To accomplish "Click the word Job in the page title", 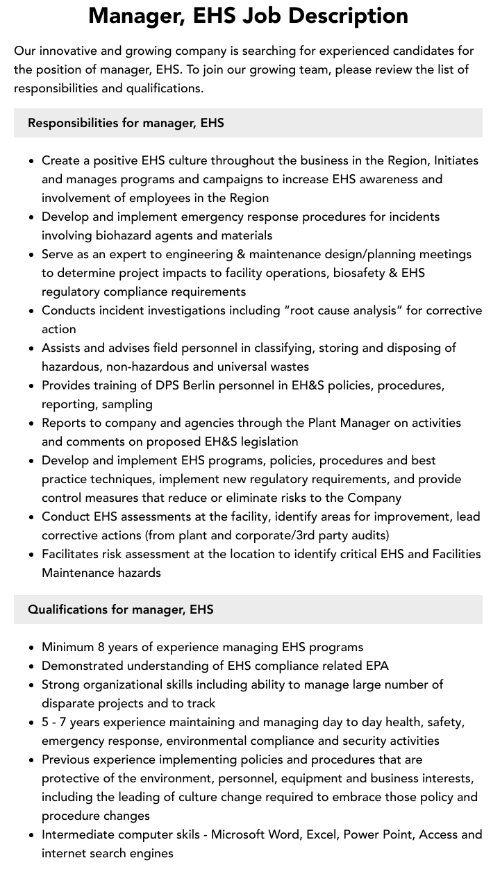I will (241, 15).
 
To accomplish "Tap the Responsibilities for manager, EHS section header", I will (126, 123).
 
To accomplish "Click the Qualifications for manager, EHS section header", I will (120, 609).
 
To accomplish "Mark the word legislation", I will (265, 441).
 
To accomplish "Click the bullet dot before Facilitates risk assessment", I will (32, 555).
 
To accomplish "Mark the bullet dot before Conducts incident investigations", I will (32, 311).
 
